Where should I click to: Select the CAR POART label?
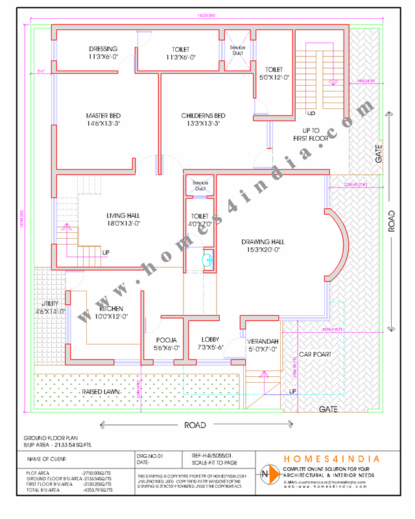click(x=314, y=355)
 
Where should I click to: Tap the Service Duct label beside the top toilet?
click(x=237, y=50)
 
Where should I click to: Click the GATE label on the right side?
click(x=379, y=154)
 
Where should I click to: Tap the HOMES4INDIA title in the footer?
click(x=332, y=459)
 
